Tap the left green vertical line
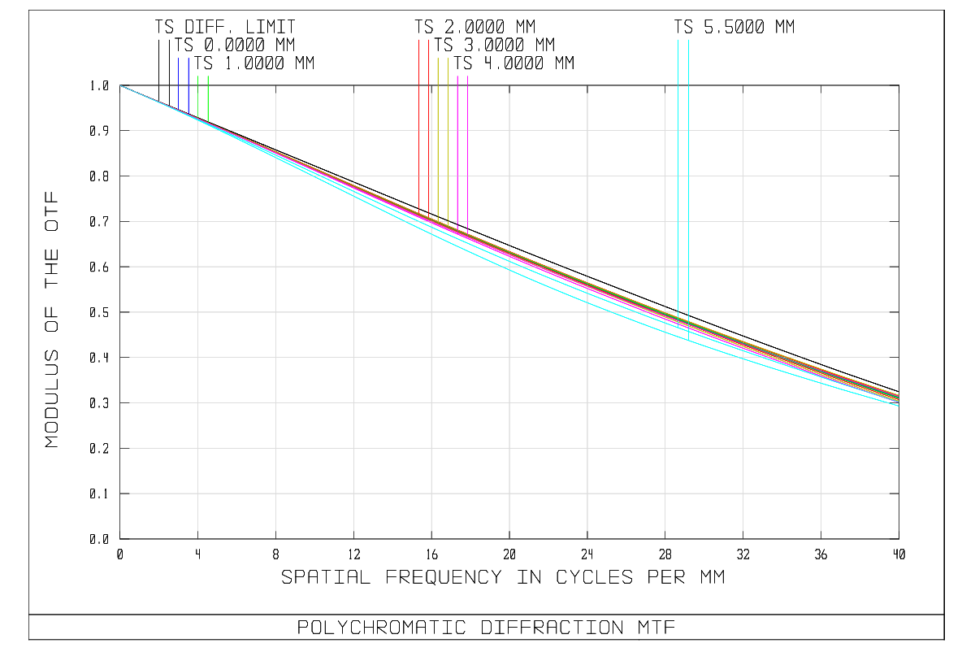(198, 98)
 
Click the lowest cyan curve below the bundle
(587, 302)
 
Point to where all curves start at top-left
(120, 85)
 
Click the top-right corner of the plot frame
(899, 85)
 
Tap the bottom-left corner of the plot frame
(120, 538)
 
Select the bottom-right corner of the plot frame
(899, 538)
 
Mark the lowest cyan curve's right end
(898, 405)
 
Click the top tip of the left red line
(419, 40)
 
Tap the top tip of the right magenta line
(467, 76)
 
